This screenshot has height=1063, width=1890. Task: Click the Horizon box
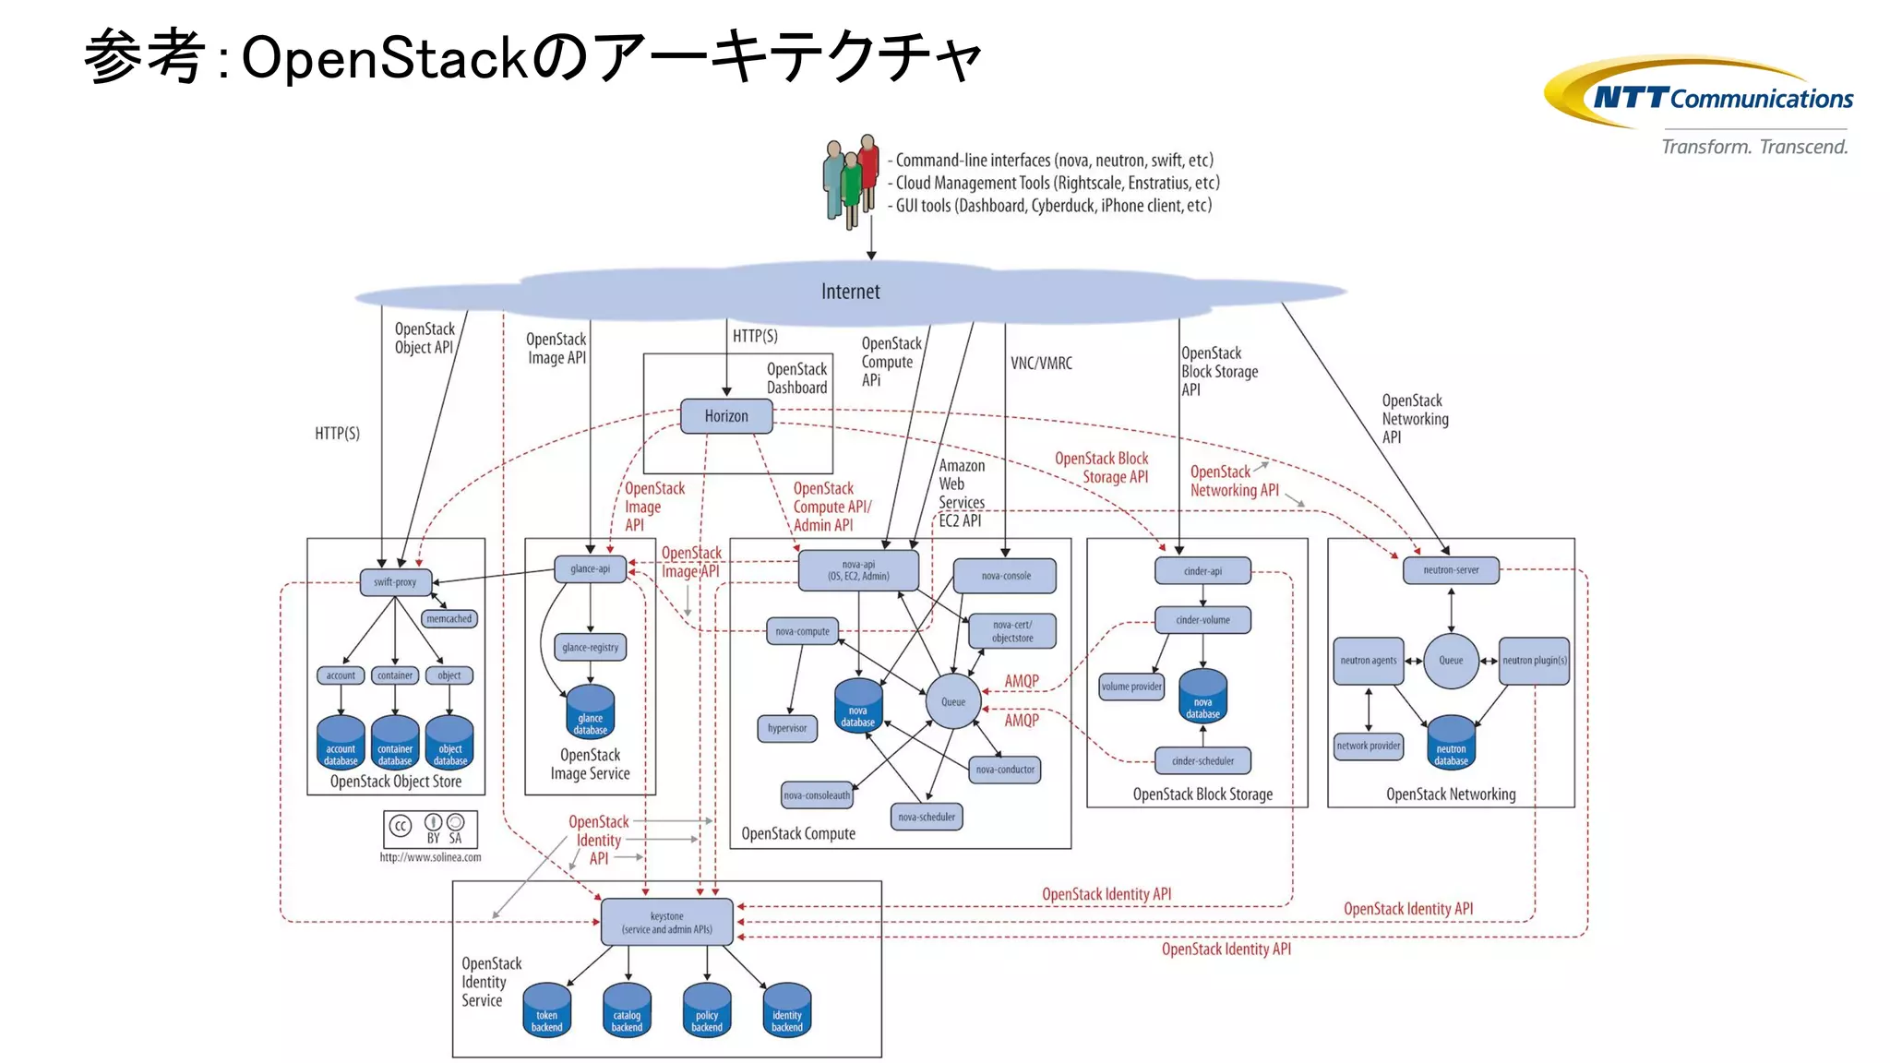coord(726,416)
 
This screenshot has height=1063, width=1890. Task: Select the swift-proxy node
coord(395,582)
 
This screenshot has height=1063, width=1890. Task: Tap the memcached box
coord(449,619)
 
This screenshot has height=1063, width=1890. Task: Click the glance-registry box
coord(591,648)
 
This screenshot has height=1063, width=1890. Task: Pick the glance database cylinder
coord(591,713)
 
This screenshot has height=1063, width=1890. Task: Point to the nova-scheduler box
coord(927,817)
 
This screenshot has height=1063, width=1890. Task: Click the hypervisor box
coord(787,728)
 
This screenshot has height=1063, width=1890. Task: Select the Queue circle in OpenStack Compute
coord(953,702)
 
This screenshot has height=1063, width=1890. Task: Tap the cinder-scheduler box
coord(1202,761)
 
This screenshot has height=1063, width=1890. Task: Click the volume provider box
coord(1131,687)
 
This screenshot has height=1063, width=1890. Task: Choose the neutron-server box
coord(1451,570)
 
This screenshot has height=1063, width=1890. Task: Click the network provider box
coord(1369,746)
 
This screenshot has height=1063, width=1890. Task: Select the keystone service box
coord(667,923)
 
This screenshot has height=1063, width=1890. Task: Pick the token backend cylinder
coord(546,1011)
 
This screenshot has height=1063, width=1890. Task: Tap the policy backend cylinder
coord(707,1011)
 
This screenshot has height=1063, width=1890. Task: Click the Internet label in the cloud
coord(850,292)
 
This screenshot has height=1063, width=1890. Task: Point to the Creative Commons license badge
coord(431,829)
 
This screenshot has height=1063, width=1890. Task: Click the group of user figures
coord(851,180)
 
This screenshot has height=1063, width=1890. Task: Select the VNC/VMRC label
coord(1041,364)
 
